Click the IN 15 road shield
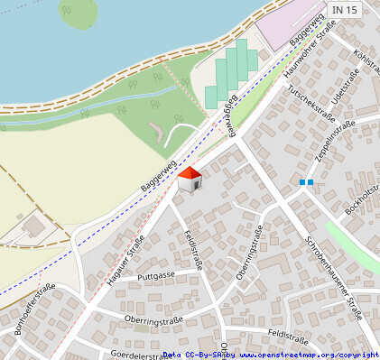click(344, 9)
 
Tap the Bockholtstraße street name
click(362, 197)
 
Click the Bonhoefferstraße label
click(35, 309)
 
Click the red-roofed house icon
click(190, 179)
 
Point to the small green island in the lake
click(79, 12)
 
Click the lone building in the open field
click(34, 225)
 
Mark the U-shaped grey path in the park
click(162, 134)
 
